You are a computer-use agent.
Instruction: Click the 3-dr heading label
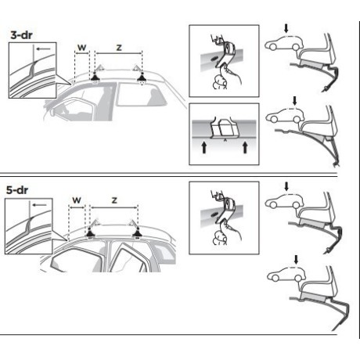pos(22,35)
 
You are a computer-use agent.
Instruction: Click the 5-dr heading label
pos(17,190)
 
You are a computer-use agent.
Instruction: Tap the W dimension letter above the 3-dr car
pos(82,48)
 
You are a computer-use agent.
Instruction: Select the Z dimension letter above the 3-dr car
pos(119,48)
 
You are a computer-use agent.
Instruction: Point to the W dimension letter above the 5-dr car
pos(77,200)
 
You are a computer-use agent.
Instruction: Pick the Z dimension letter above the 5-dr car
pos(114,200)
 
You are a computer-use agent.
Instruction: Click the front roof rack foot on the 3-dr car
pos(95,77)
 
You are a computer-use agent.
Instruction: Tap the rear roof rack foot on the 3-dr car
pos(142,77)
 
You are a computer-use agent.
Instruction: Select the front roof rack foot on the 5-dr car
pos(90,232)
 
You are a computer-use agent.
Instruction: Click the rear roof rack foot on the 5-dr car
pos(137,232)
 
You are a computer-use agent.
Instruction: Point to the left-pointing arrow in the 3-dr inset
pos(43,49)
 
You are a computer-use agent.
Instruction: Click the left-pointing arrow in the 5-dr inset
pos(40,205)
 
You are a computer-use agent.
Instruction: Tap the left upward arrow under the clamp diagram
pos(204,147)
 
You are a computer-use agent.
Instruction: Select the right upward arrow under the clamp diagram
pos(245,147)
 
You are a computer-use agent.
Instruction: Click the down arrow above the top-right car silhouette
pos(286,28)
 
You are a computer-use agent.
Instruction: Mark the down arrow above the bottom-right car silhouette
pos(296,259)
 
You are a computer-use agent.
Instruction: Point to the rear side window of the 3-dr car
pos(140,94)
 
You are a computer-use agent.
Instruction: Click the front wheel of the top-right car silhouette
pos(272,47)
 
